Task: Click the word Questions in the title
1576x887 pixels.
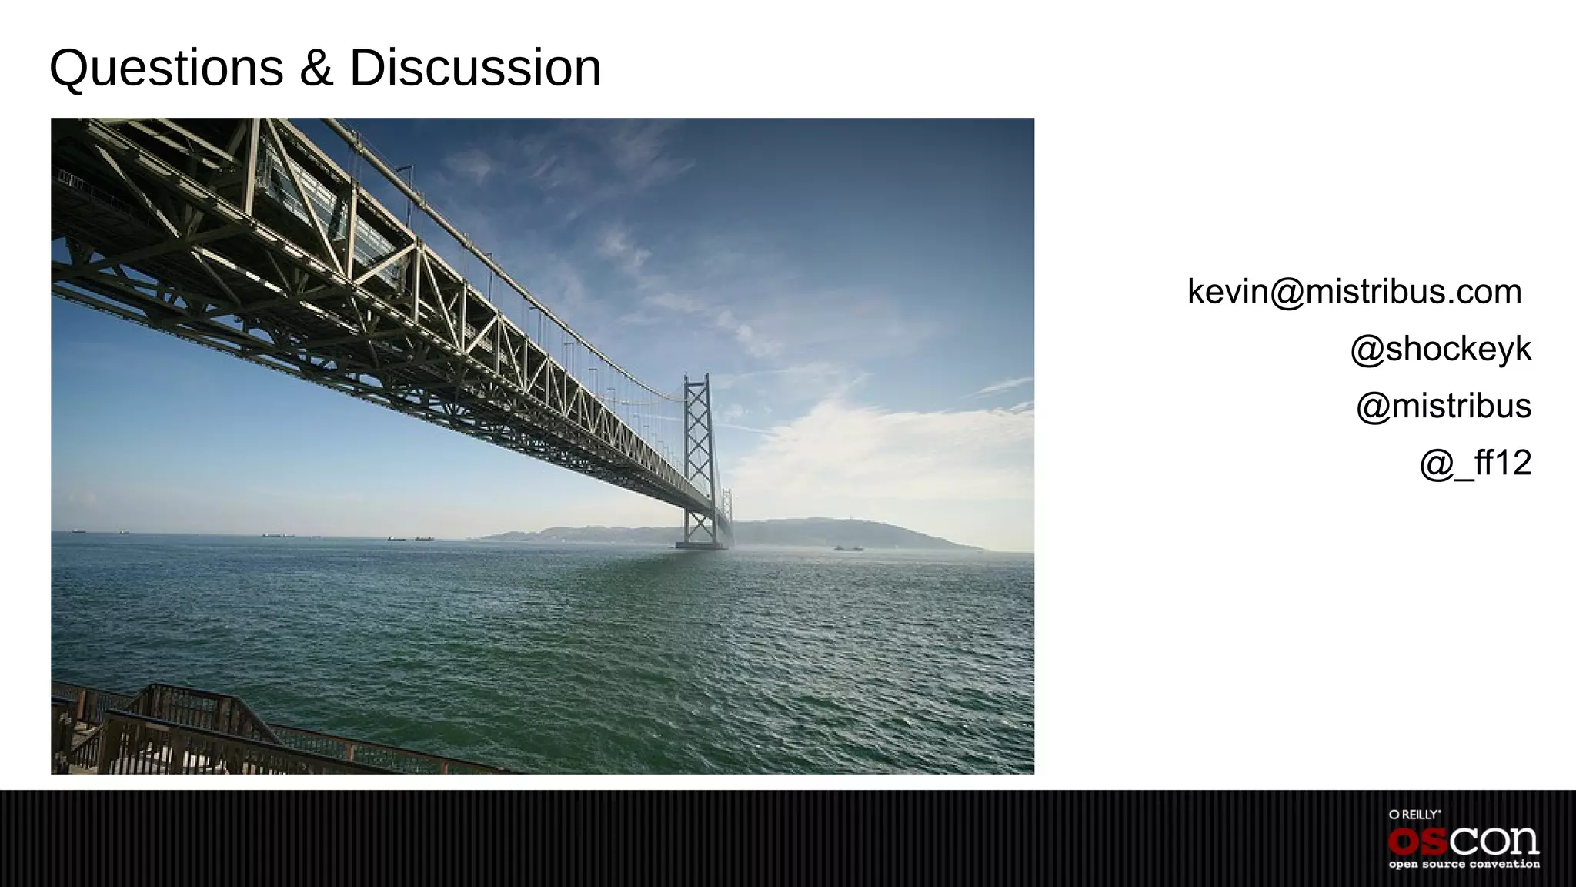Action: [x=166, y=69]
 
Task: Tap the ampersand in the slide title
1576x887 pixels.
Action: [x=316, y=69]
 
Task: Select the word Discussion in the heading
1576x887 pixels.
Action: [x=475, y=69]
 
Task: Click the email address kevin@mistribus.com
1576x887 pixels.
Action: [x=1354, y=292]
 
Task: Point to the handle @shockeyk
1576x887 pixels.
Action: [x=1441, y=349]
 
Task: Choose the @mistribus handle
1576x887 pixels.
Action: [x=1444, y=406]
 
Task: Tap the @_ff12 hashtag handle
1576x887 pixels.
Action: [x=1475, y=463]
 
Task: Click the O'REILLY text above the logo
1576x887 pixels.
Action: [x=1414, y=815]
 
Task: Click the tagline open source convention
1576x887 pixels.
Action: [x=1464, y=865]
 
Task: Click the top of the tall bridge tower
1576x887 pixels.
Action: [x=696, y=379]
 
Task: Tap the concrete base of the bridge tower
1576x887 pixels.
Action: [x=700, y=546]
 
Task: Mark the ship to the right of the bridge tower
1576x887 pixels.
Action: [x=847, y=547]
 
